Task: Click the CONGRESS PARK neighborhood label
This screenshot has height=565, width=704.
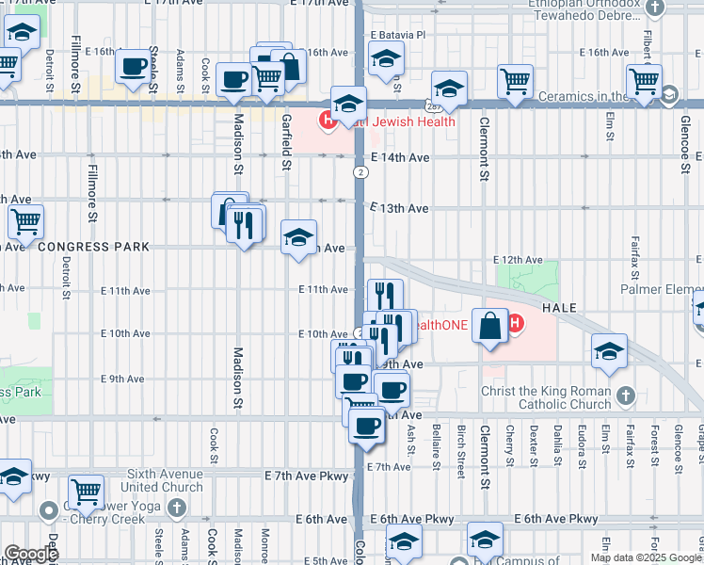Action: coord(93,247)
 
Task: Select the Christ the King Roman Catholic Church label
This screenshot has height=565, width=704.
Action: coord(546,398)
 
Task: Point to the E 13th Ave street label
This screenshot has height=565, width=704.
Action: coord(399,208)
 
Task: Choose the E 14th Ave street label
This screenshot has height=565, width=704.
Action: coord(399,158)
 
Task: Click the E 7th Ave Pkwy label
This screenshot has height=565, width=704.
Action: coord(308,478)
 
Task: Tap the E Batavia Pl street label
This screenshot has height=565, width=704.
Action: coord(398,34)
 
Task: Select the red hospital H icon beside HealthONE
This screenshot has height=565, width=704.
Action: coord(515,326)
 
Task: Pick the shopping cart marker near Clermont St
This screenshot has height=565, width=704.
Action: coord(515,82)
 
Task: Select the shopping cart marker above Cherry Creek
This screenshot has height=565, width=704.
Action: coord(86,490)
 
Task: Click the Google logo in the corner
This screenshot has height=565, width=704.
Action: coord(31,554)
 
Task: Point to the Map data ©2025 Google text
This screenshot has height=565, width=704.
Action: coord(646,557)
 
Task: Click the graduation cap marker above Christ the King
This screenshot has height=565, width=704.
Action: coord(609,351)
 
